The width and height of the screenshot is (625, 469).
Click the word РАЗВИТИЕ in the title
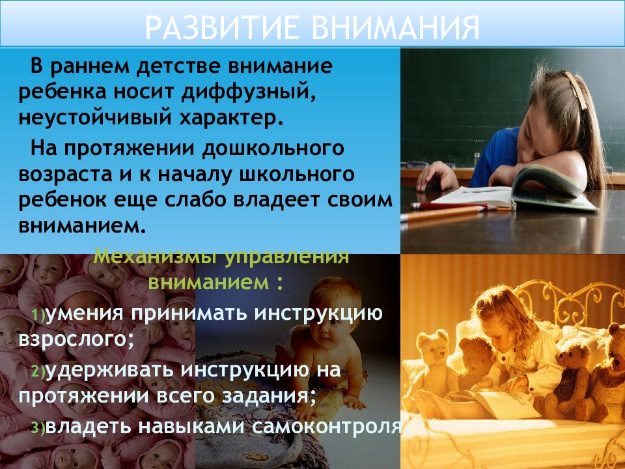[221, 27]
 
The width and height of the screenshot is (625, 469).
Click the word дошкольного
[273, 149]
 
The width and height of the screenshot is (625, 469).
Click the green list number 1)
[38, 315]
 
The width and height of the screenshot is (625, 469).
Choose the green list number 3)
[38, 428]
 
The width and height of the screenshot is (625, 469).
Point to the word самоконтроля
[327, 426]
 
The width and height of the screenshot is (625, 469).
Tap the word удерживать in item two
[109, 370]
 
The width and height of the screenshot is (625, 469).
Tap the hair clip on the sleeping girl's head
[575, 90]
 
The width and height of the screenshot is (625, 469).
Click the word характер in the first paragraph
[230, 119]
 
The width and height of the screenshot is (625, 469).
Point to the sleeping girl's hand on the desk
[436, 177]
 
